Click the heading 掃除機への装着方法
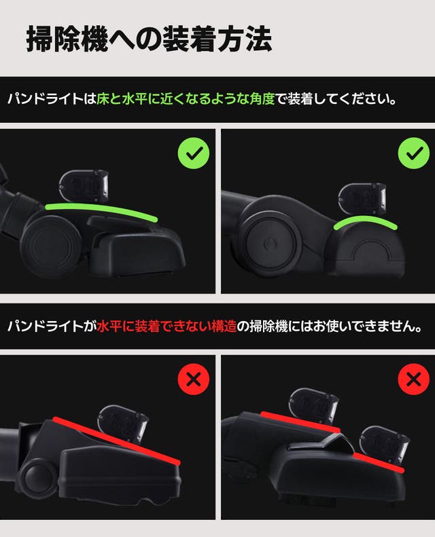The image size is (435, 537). tap(149, 39)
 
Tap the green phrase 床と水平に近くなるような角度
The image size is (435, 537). tap(186, 99)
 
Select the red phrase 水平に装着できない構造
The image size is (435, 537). tap(167, 327)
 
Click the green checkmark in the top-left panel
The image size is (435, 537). tap(194, 153)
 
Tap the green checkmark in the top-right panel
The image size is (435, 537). tap(414, 153)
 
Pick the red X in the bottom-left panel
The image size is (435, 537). tap(194, 379)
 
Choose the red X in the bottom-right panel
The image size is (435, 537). tap(414, 379)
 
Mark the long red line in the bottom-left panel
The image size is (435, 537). tap(116, 440)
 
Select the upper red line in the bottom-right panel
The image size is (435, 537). tap(300, 422)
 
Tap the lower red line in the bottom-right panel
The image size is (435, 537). tap(379, 462)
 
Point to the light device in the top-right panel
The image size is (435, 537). tap(362, 200)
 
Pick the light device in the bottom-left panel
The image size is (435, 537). tap(124, 424)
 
